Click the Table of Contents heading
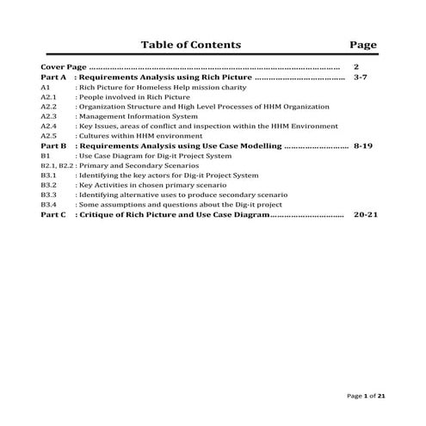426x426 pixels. coord(190,45)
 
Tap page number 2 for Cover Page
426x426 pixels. coord(356,66)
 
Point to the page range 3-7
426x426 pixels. coord(362,77)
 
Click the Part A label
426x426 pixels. coord(53,77)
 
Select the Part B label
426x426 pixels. coord(53,147)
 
